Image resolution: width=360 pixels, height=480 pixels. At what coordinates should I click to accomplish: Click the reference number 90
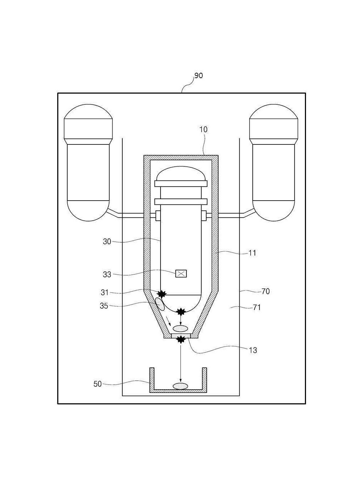(199, 76)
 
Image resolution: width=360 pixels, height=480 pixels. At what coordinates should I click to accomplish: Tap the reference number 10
(203, 130)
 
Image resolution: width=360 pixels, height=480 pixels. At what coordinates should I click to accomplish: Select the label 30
(107, 242)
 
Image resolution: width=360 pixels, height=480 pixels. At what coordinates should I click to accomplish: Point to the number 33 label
(107, 274)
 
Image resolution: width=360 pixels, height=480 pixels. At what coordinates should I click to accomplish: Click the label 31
(104, 292)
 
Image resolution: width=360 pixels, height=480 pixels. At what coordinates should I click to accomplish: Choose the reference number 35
(104, 306)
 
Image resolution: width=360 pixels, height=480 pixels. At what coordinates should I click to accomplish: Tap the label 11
(252, 253)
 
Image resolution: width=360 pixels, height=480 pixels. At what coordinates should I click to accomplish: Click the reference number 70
(266, 291)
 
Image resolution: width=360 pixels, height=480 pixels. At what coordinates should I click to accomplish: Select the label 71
(257, 308)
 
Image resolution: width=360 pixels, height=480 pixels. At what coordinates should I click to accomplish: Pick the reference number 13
(253, 350)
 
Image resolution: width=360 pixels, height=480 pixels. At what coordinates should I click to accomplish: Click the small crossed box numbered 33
(181, 274)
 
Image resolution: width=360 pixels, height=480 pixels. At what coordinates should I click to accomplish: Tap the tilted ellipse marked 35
(159, 304)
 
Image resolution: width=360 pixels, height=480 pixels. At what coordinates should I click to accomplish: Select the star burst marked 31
(162, 294)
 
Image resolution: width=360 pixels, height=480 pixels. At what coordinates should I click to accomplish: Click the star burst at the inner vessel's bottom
(181, 311)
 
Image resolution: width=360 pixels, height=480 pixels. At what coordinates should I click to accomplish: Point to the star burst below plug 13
(181, 339)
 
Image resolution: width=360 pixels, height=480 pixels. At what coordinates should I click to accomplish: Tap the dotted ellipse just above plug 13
(180, 328)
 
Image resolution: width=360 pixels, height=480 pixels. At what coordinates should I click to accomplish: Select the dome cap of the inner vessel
(181, 174)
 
